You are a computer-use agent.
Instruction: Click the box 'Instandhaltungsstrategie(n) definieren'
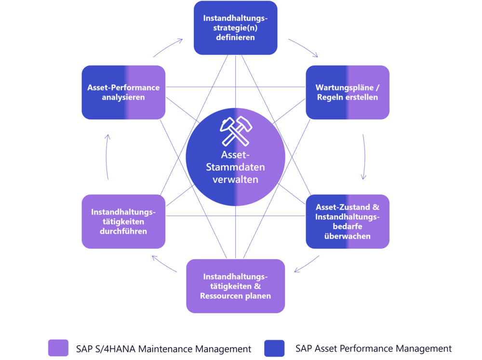236,27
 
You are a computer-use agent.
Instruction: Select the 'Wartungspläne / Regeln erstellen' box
348,92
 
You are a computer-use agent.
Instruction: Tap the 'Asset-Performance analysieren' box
123,92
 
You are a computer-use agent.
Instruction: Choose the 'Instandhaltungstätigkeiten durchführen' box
123,221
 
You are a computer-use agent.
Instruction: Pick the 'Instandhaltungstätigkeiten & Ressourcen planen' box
236,286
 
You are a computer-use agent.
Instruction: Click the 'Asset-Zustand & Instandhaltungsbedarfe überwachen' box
348,221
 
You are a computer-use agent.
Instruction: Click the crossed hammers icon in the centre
236,131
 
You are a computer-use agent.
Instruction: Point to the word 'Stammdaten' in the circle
236,167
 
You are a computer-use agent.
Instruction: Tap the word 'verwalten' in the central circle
236,179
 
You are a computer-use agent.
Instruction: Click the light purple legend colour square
58,348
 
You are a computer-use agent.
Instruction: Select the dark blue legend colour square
274,348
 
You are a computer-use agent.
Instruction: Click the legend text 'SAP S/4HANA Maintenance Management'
163,349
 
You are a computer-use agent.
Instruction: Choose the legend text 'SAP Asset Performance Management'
374,348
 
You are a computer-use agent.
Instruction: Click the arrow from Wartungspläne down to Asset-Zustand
364,157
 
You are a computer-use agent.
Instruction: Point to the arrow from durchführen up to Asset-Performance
107,157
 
